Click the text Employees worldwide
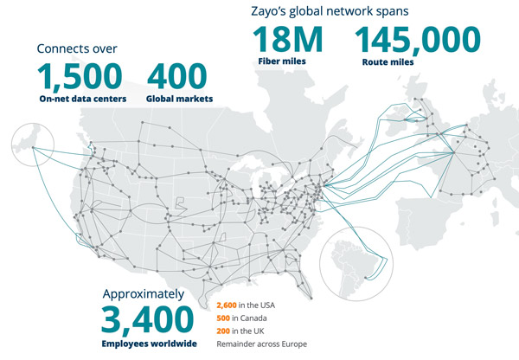point(148,344)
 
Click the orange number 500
point(222,318)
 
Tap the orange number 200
point(222,331)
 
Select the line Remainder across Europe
point(260,344)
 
